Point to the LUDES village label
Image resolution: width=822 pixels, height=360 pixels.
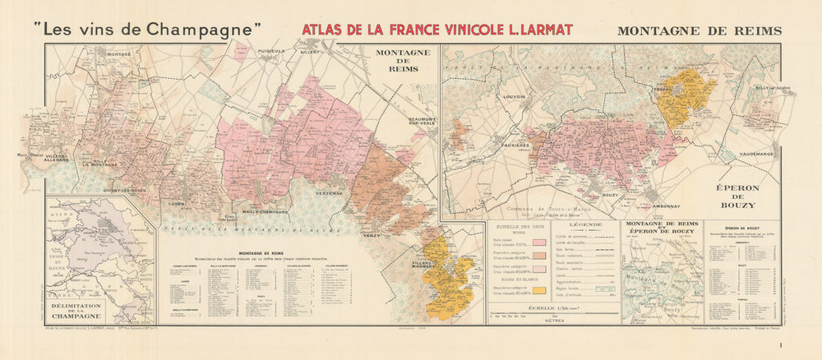[x=173, y=201]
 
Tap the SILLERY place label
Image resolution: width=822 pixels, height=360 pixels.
[x=308, y=52]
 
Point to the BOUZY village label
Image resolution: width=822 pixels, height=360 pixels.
[x=610, y=195]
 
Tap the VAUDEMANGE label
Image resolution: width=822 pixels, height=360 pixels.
[x=757, y=153]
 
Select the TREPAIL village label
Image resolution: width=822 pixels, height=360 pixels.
[x=664, y=87]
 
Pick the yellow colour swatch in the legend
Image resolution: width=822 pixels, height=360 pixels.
[x=539, y=290]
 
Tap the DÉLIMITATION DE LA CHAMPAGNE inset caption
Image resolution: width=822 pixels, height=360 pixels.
[x=99, y=310]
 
